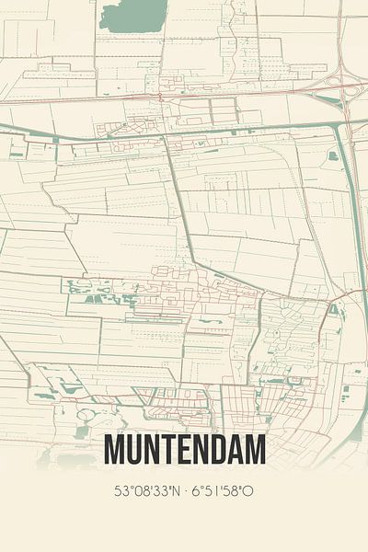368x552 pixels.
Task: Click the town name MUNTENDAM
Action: (x=185, y=449)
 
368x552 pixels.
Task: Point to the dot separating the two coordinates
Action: (x=188, y=491)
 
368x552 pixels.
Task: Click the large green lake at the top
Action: (x=132, y=16)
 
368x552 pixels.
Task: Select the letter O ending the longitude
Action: (x=248, y=491)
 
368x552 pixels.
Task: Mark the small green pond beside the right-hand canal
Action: (x=332, y=156)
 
